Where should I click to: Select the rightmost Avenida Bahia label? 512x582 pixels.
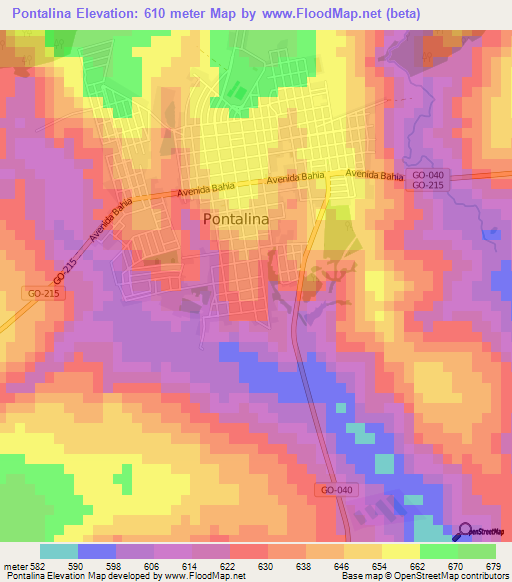point(375,175)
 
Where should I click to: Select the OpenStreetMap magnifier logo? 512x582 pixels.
point(466,532)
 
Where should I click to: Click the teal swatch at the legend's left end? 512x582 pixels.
point(58,551)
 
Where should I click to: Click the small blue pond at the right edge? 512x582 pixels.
point(489,234)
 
